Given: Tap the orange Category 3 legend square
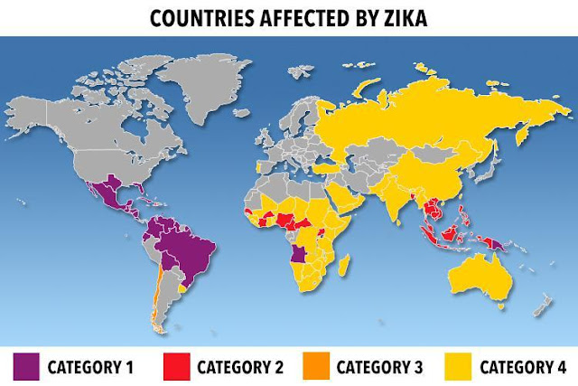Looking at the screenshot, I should click(x=318, y=366).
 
